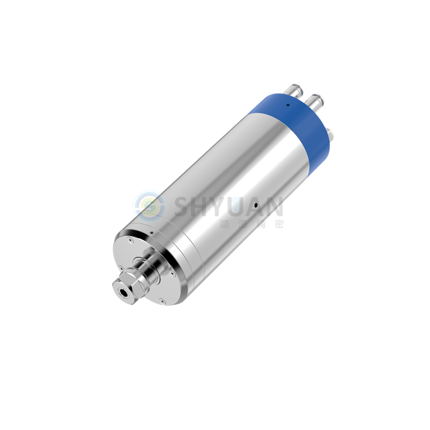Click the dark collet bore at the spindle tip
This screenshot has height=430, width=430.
123,292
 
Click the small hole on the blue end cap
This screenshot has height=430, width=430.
288,105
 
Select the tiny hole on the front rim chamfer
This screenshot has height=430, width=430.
152,233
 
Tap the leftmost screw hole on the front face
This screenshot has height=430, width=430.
120,268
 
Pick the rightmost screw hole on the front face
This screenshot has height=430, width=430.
172,273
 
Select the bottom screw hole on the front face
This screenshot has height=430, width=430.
162,301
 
